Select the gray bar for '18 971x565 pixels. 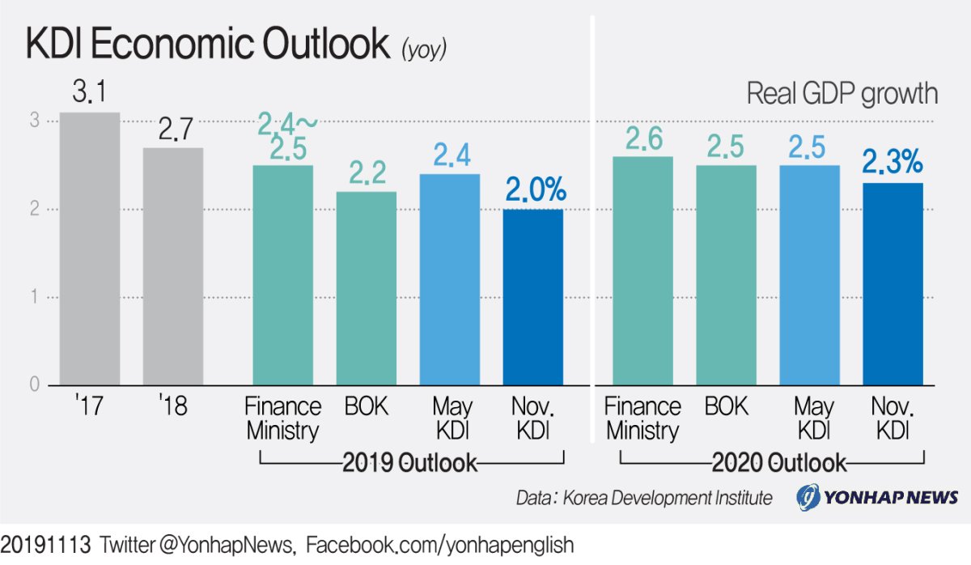pos(173,266)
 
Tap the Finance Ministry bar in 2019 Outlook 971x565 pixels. pos(283,275)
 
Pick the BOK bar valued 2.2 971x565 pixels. pos(367,288)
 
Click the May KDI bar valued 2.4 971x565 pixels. pos(450,279)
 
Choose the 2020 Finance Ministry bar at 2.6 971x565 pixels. pos(642,270)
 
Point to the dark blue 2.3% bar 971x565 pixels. pos(893,284)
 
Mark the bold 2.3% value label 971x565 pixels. pos(893,164)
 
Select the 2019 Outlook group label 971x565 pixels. pos(410,463)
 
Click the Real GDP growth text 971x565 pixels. pos(842,94)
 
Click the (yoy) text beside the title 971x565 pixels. pos(424,50)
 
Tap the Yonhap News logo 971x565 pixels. pos(877,497)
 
